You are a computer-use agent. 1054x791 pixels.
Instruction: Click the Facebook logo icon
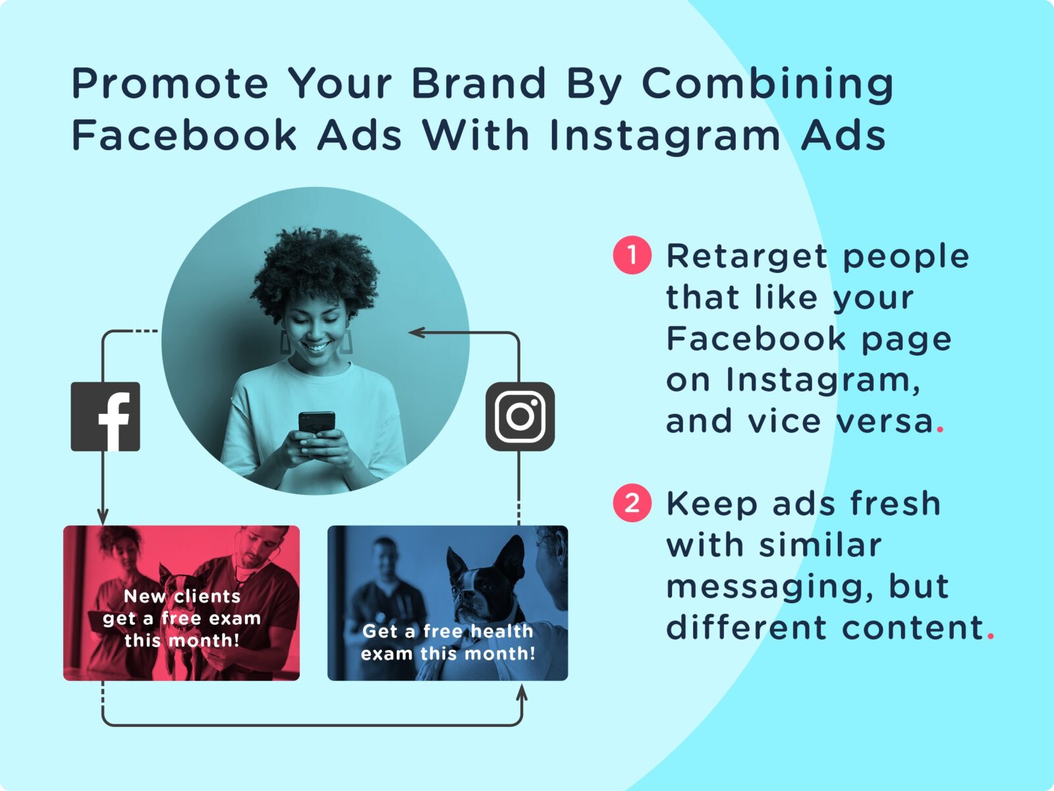pos(105,417)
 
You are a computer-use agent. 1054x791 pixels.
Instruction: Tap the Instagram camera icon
pos(520,417)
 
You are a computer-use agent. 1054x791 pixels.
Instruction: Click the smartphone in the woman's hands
pos(316,423)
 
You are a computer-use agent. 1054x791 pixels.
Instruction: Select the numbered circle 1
pos(632,255)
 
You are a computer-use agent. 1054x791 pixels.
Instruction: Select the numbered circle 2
pos(632,504)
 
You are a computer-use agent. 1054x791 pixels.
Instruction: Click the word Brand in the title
pos(478,84)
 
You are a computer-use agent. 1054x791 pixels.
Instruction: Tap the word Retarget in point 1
pos(746,257)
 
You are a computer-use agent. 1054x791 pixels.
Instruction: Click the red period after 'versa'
pos(940,430)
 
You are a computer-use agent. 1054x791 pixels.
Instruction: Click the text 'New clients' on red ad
pos(182,596)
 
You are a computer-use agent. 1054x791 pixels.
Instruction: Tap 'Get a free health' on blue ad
pos(447,631)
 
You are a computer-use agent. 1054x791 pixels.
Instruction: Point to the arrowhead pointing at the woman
pos(415,333)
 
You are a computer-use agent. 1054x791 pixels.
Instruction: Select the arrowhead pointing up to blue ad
pos(522,693)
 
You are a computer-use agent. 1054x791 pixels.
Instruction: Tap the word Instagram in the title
pos(664,136)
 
